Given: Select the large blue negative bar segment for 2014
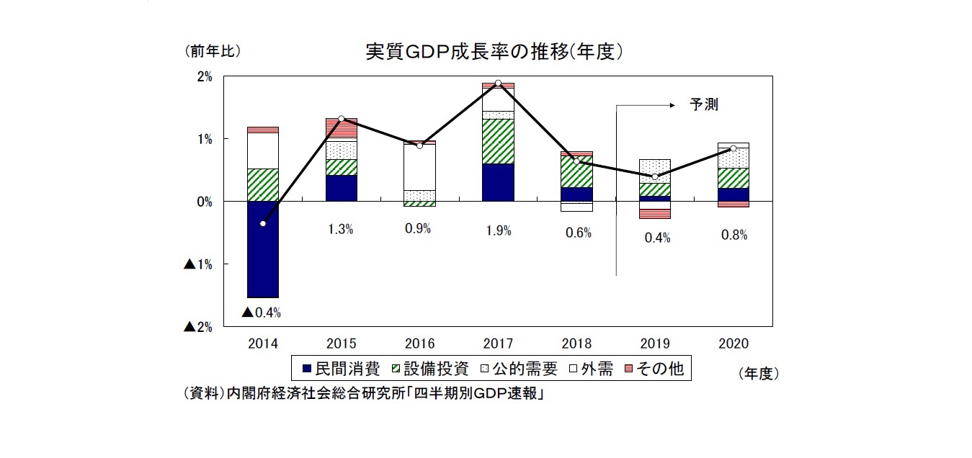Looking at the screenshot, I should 263,249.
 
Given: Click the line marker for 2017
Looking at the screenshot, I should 498,84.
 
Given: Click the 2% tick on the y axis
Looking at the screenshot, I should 204,76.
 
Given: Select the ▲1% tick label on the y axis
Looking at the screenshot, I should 198,264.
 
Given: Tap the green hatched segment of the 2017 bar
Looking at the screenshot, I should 498,141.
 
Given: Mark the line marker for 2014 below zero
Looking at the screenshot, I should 263,224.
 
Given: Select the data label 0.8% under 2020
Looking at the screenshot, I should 734,235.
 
